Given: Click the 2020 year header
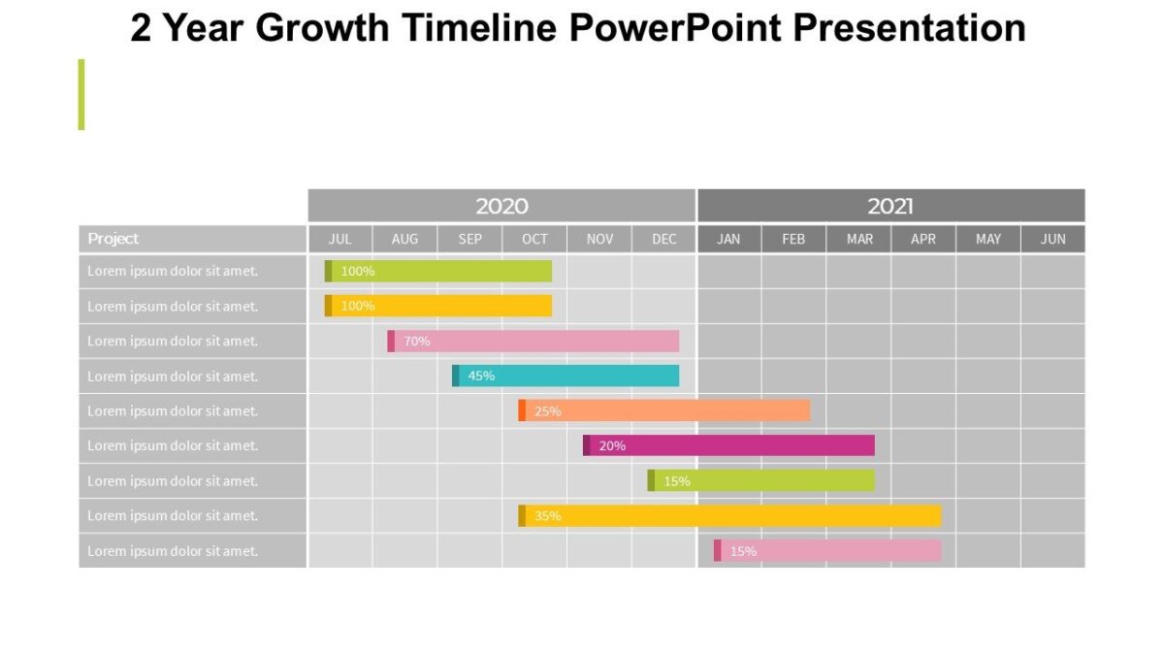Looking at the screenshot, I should click(x=501, y=206).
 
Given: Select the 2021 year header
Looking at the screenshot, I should click(x=890, y=206).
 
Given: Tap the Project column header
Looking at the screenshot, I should click(x=113, y=239).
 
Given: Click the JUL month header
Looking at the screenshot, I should click(x=340, y=239).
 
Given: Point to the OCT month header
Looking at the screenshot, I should click(x=534, y=239).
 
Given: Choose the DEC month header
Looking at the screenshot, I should click(x=664, y=239).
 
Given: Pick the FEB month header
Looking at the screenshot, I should click(x=793, y=239).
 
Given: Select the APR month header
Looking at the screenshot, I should click(x=923, y=239).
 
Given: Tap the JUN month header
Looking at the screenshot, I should click(x=1053, y=239).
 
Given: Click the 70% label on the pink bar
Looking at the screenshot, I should click(x=417, y=341).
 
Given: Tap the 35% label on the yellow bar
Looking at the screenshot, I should click(x=548, y=515).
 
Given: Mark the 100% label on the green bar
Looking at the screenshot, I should click(x=358, y=271).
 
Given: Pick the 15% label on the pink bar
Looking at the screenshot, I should click(x=743, y=550).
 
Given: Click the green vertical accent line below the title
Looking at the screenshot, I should click(x=81, y=94).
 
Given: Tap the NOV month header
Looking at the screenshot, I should click(x=599, y=239).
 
